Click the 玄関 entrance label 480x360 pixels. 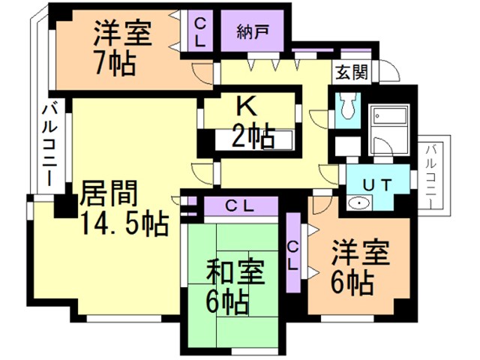pyautogui.click(x=352, y=73)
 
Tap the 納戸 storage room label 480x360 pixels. pyautogui.click(x=253, y=31)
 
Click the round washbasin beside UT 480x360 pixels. pyautogui.click(x=359, y=202)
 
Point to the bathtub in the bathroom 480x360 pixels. pyautogui.click(x=389, y=116)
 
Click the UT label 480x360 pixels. pyautogui.click(x=377, y=185)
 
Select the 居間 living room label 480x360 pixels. pyautogui.click(x=108, y=193)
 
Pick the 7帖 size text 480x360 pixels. pyautogui.click(x=115, y=64)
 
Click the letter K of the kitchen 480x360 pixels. pyautogui.click(x=247, y=106)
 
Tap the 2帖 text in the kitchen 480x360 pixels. pyautogui.click(x=253, y=136)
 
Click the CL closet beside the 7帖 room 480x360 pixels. pyautogui.click(x=200, y=31)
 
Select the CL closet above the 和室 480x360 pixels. pyautogui.click(x=241, y=207)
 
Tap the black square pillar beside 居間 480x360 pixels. pyautogui.click(x=66, y=207)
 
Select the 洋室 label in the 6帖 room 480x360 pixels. pyautogui.click(x=361, y=253)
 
